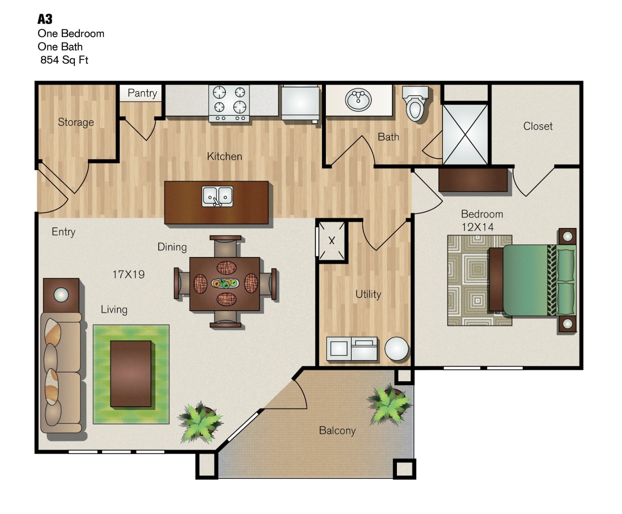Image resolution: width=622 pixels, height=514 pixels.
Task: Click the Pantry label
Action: [142, 93]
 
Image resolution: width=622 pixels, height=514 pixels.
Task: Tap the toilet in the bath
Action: [415, 103]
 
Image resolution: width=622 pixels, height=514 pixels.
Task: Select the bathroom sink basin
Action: [358, 100]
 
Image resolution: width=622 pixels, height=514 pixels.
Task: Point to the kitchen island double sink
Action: [218, 196]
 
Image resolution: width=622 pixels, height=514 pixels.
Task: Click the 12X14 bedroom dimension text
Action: [478, 227]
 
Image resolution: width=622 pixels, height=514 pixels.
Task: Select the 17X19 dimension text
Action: [129, 274]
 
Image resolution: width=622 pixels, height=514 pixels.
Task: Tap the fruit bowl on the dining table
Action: [225, 283]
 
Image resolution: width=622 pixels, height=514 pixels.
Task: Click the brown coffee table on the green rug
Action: [131, 374]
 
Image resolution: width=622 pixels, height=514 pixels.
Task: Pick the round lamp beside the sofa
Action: [61, 295]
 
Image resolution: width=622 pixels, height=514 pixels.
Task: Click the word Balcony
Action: [337, 431]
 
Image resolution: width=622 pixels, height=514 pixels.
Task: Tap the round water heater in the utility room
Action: [397, 348]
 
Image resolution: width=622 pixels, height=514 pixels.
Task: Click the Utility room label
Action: [368, 294]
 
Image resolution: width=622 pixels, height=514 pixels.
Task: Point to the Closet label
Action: [538, 126]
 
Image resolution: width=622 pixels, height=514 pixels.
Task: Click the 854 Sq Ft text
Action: [64, 60]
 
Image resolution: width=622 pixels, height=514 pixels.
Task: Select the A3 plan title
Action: [45, 19]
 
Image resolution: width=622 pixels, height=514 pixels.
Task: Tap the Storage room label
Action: [76, 122]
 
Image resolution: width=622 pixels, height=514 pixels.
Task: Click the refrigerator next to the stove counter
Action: [300, 103]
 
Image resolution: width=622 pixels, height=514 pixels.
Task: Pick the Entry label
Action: [63, 232]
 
